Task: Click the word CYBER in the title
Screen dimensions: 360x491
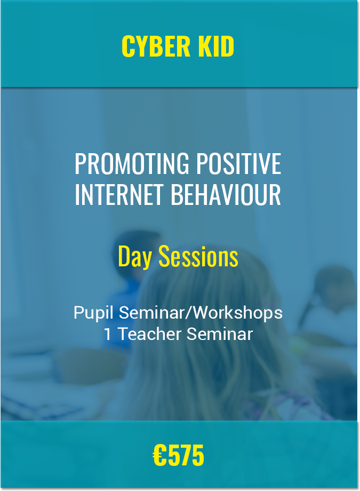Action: [156, 46]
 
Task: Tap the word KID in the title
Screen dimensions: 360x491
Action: [217, 46]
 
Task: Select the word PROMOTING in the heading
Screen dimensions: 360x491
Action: [132, 163]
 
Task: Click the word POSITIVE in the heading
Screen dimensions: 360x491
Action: [239, 163]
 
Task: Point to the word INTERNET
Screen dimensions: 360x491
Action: [119, 194]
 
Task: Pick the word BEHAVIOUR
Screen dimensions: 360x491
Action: [226, 194]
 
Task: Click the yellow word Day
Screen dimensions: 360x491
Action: [135, 257]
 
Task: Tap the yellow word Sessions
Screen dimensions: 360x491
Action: [198, 256]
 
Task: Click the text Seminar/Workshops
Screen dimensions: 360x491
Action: [201, 313]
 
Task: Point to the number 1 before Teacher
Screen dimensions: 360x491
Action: [107, 334]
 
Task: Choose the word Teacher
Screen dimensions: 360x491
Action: [150, 334]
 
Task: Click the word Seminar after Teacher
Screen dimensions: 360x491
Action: [220, 334]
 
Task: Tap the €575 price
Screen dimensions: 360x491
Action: [179, 455]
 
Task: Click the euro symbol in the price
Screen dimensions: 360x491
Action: [159, 455]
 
